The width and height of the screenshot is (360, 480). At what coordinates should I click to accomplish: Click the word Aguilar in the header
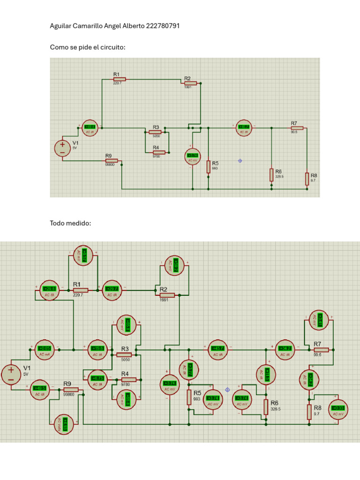pyautogui.click(x=60, y=26)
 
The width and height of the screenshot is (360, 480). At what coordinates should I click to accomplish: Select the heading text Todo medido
pyautogui.click(x=70, y=224)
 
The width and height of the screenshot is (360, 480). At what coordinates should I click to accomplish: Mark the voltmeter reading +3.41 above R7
pyautogui.click(x=320, y=320)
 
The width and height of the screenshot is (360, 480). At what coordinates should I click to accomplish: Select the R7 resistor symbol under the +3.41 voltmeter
pyautogui.click(x=321, y=350)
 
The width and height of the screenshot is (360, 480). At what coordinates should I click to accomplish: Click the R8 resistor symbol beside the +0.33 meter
pyautogui.click(x=309, y=412)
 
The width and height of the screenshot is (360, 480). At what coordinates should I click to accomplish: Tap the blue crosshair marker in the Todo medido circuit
pyautogui.click(x=228, y=390)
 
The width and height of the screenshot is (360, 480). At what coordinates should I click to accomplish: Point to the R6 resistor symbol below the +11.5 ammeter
pyautogui.click(x=266, y=406)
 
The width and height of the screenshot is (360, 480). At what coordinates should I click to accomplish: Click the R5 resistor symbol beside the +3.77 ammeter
pyautogui.click(x=189, y=397)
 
